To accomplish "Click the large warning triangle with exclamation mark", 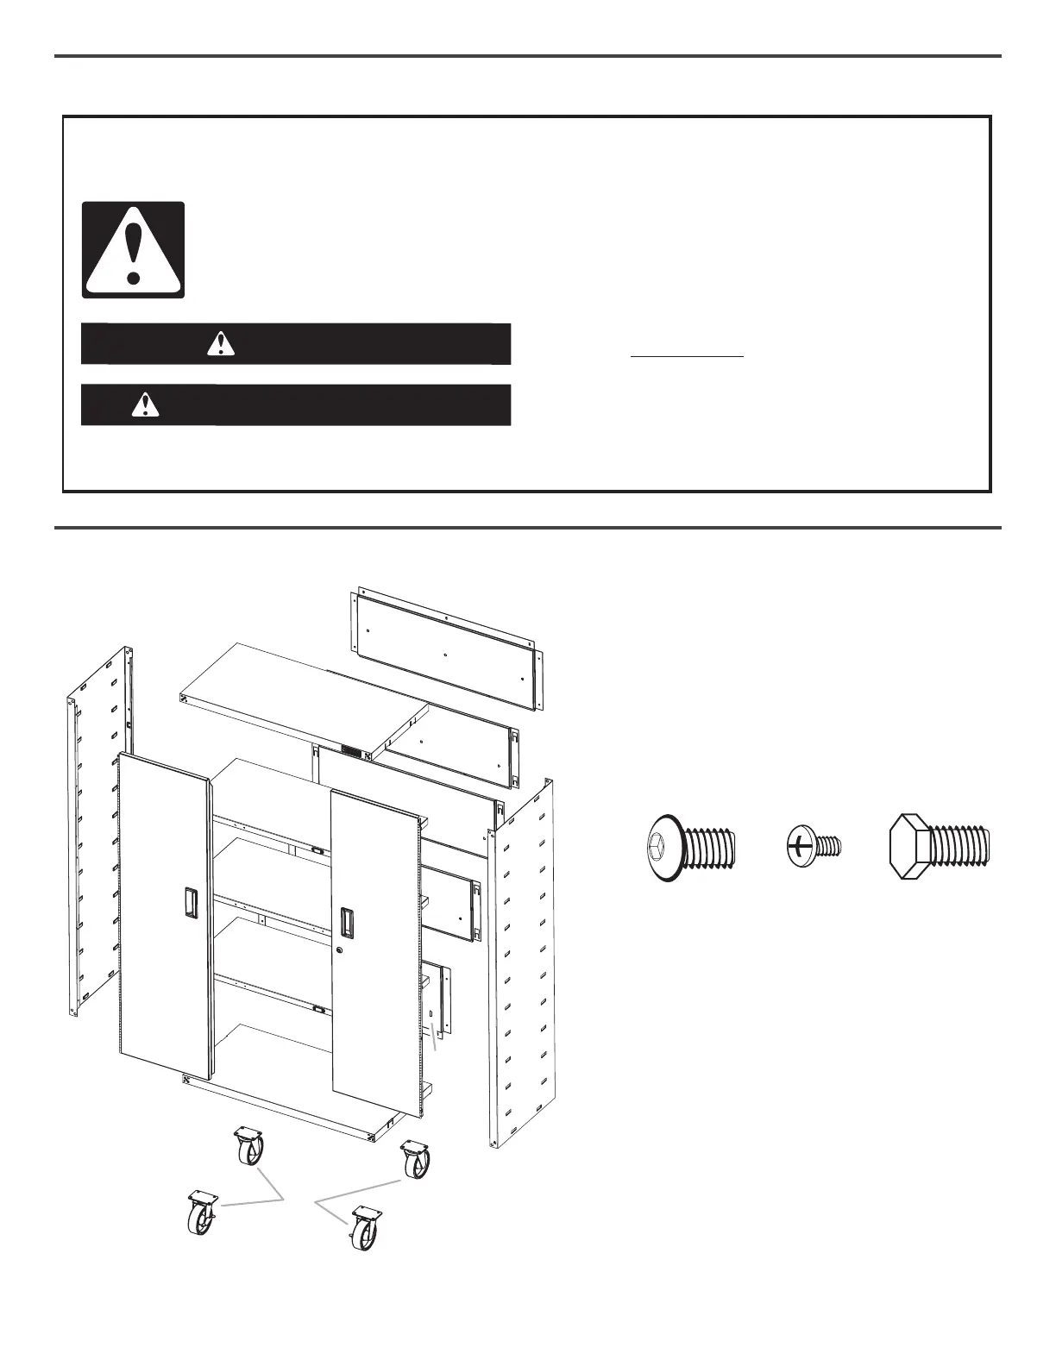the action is [133, 250].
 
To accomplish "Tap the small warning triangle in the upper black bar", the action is [221, 343].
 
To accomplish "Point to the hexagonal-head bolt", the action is [940, 846].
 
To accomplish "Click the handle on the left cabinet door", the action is [189, 902].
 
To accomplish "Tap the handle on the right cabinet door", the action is [346, 922].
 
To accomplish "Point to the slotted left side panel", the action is [99, 828].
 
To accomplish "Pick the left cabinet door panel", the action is [163, 914].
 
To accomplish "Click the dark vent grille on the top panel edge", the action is [350, 752].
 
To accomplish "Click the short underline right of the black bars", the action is [687, 355].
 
